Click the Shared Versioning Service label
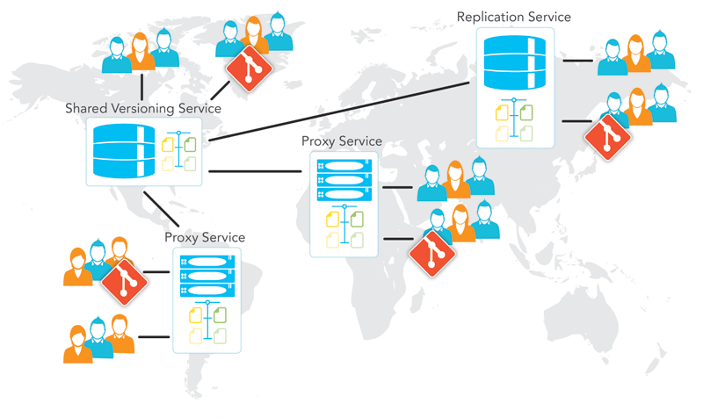[x=142, y=109]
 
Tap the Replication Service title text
[x=514, y=17]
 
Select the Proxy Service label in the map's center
[x=342, y=141]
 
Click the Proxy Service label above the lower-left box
[x=205, y=237]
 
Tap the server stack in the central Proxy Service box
[x=344, y=180]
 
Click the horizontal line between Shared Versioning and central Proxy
[x=255, y=170]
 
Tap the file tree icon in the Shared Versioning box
[x=179, y=152]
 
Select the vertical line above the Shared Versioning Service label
[x=141, y=87]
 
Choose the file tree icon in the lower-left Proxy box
[x=207, y=324]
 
